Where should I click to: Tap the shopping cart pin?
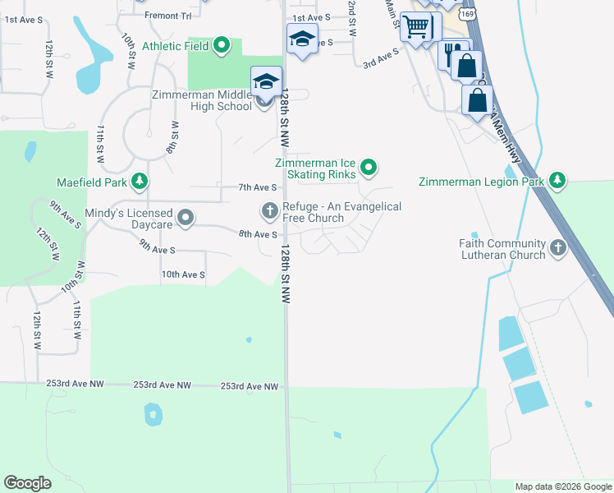(416, 27)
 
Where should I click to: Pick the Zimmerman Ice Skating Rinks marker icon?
(369, 168)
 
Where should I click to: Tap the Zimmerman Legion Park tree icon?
(558, 181)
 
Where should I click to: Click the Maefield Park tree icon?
(140, 181)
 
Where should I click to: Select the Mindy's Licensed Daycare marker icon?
(186, 218)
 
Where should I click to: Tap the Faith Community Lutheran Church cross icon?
(558, 248)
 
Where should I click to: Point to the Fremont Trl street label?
(167, 16)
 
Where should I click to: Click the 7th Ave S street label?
(256, 187)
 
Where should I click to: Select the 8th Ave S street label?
(257, 234)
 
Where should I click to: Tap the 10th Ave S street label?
(182, 274)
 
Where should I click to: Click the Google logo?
(27, 483)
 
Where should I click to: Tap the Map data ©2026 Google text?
(562, 486)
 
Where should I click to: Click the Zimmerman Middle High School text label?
(202, 100)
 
